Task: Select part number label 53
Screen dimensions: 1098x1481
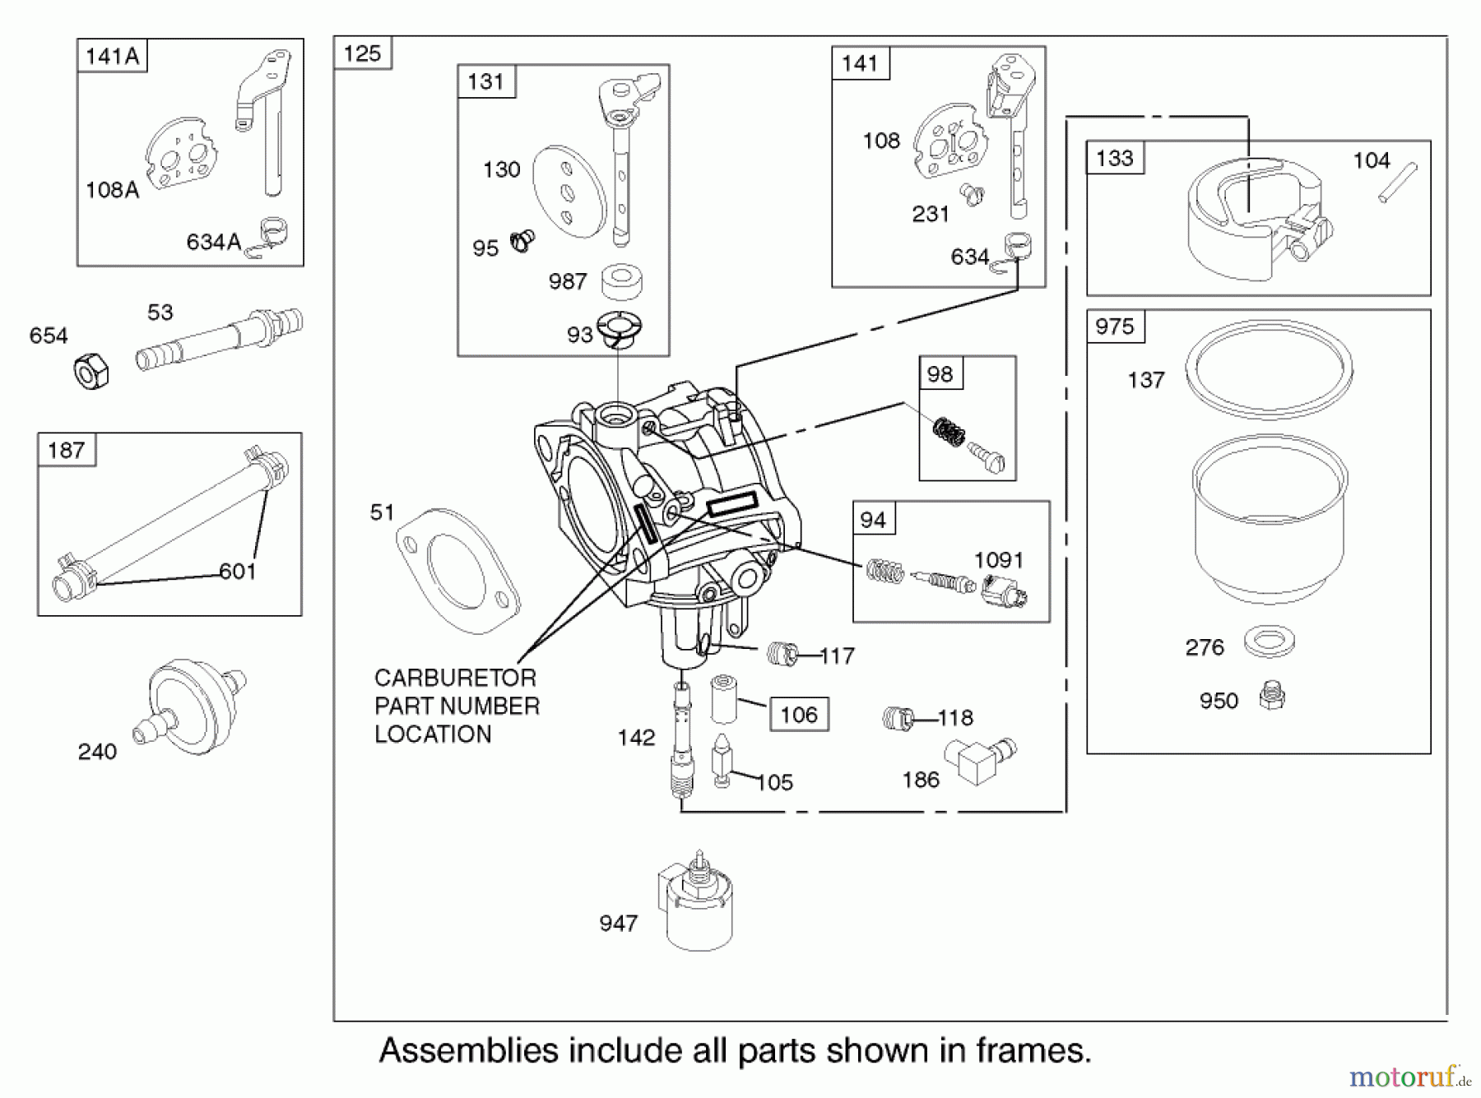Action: tap(160, 313)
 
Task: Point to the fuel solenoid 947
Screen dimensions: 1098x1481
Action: tap(696, 904)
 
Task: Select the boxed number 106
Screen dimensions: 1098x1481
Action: tap(798, 714)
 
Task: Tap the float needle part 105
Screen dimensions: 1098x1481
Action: tap(722, 762)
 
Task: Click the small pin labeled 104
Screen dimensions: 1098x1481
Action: tap(1398, 183)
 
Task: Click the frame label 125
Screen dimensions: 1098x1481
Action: tap(362, 53)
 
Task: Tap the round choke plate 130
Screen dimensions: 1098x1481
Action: tap(569, 192)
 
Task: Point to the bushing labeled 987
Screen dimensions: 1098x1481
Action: tap(621, 281)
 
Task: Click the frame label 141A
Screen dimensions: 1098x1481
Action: tap(112, 56)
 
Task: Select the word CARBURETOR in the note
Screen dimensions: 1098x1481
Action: tap(454, 678)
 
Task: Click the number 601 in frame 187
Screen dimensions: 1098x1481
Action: tap(238, 571)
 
